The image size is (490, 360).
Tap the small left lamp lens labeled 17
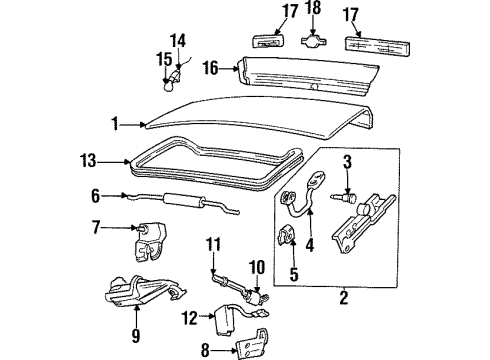[x=264, y=42]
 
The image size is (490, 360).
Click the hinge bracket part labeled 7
[x=141, y=242]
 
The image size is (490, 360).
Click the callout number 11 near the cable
[x=212, y=244]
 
